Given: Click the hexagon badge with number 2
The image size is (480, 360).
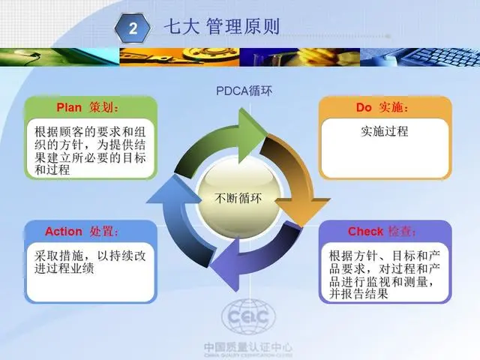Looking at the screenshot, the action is (133, 28).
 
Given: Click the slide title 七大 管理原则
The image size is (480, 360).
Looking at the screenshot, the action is (222, 26).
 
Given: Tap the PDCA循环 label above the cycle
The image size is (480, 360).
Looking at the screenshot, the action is (244, 91).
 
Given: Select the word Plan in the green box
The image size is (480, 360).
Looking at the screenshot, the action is (69, 107).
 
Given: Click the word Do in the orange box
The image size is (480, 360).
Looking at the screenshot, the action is (364, 107).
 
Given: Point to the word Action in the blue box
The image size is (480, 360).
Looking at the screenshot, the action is (64, 231).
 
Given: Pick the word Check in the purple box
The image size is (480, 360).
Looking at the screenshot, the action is (365, 231).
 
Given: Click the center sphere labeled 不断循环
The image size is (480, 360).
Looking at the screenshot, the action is (238, 198).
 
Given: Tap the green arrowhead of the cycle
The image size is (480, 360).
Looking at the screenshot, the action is (253, 135).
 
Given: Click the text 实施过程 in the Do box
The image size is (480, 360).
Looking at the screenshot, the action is (385, 131).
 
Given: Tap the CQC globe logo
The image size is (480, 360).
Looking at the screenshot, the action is (248, 317).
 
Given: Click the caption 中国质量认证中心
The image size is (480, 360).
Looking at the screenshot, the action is (248, 347).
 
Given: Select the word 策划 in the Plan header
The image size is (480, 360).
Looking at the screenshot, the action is (101, 107).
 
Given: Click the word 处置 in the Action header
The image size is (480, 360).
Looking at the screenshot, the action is (102, 231).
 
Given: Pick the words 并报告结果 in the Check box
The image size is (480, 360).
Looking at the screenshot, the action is (358, 294).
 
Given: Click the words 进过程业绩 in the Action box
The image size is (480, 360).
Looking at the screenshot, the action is (64, 268).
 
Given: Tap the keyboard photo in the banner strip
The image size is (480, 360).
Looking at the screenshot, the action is (420, 57).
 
